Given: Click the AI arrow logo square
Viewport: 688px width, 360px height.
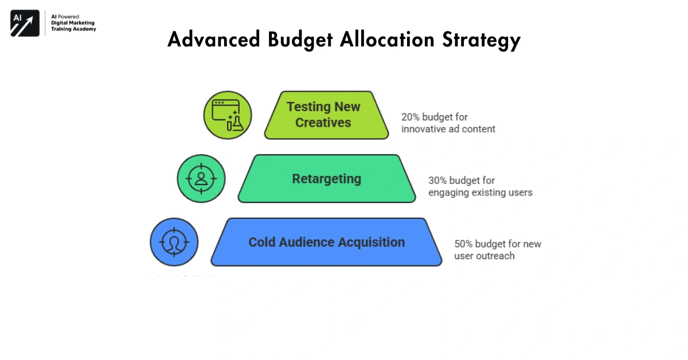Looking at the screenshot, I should pos(25,23).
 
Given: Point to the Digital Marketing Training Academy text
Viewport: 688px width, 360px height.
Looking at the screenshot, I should pos(73,26).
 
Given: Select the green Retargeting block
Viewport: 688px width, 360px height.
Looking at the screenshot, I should pos(327,179).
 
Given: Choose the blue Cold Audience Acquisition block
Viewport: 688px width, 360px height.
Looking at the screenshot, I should pos(326,242).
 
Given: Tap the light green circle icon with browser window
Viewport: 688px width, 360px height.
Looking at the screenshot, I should pos(228,115).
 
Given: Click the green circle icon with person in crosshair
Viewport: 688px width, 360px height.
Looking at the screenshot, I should pos(201,178).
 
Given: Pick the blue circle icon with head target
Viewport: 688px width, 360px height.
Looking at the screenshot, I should pos(174,242).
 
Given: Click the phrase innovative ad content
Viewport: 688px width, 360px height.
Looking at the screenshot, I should pos(448,129).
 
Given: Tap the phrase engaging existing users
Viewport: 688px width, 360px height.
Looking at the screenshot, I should pos(480,193).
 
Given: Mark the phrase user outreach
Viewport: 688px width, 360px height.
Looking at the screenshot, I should pos(484,256).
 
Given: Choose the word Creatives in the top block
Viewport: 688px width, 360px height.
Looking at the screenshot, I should pos(323,122).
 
